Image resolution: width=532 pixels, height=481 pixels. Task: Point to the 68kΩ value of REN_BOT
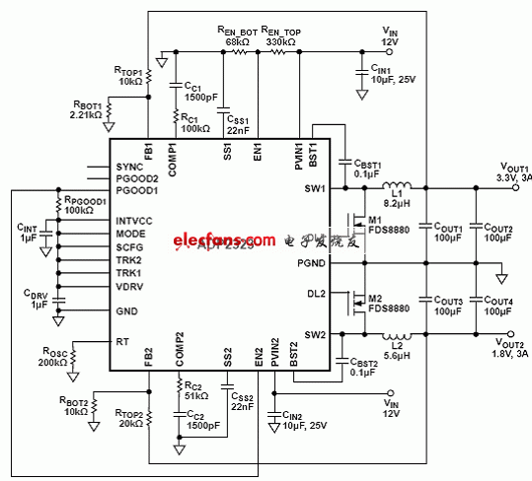click(238, 42)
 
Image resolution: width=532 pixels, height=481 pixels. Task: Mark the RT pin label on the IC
click(121, 341)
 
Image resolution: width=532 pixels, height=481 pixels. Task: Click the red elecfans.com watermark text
click(209, 240)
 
